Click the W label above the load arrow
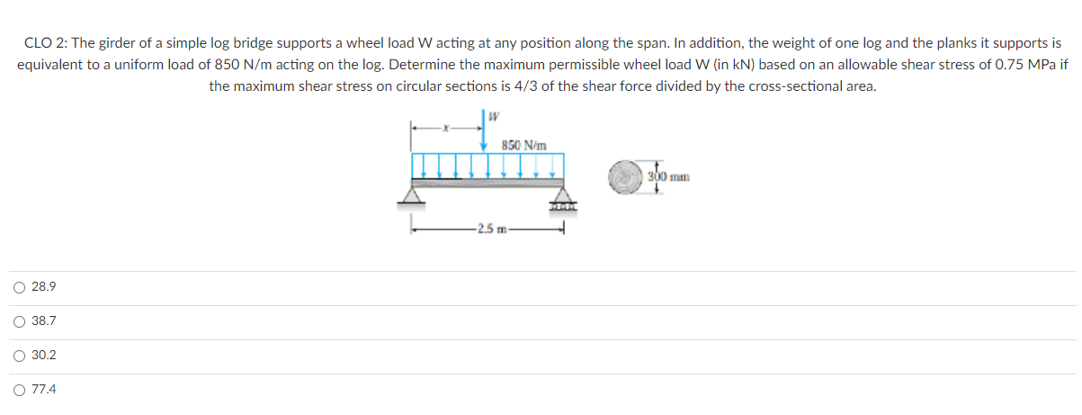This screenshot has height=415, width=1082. click(494, 116)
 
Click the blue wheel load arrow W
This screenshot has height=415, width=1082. click(486, 133)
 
